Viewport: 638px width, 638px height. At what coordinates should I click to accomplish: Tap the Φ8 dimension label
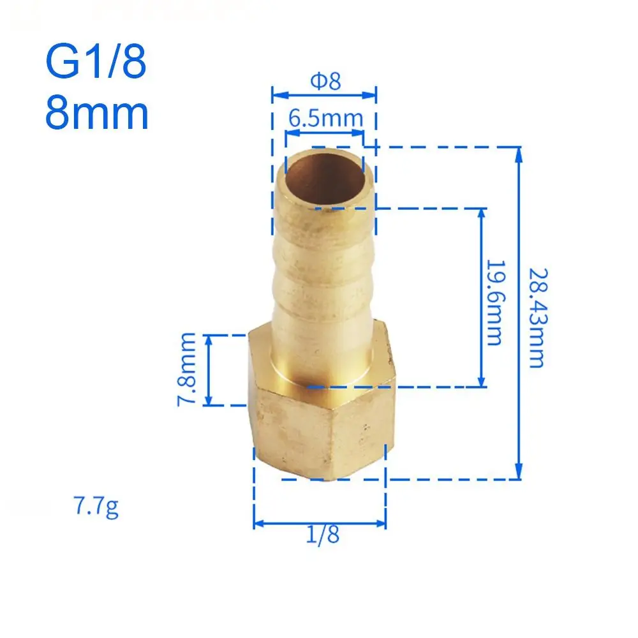coord(325,82)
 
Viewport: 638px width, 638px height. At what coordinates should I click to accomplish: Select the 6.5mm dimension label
coord(325,118)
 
